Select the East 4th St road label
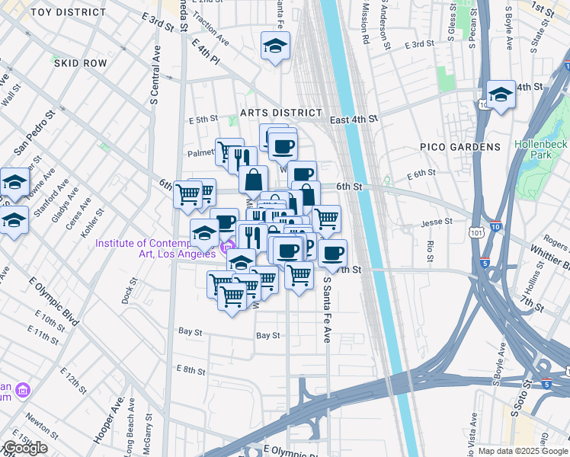click(x=354, y=120)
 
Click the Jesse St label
click(x=437, y=224)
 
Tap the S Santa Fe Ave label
click(x=327, y=308)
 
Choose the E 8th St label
click(x=191, y=370)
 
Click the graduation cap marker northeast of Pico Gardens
click(x=501, y=96)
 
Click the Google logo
click(x=24, y=448)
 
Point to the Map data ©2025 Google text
click(x=522, y=451)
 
